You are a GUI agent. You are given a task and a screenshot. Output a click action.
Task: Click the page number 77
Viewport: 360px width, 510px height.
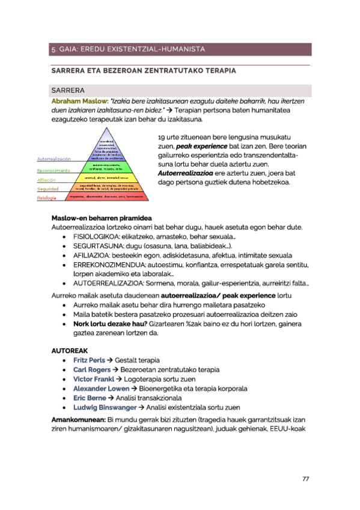pos(305,479)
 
